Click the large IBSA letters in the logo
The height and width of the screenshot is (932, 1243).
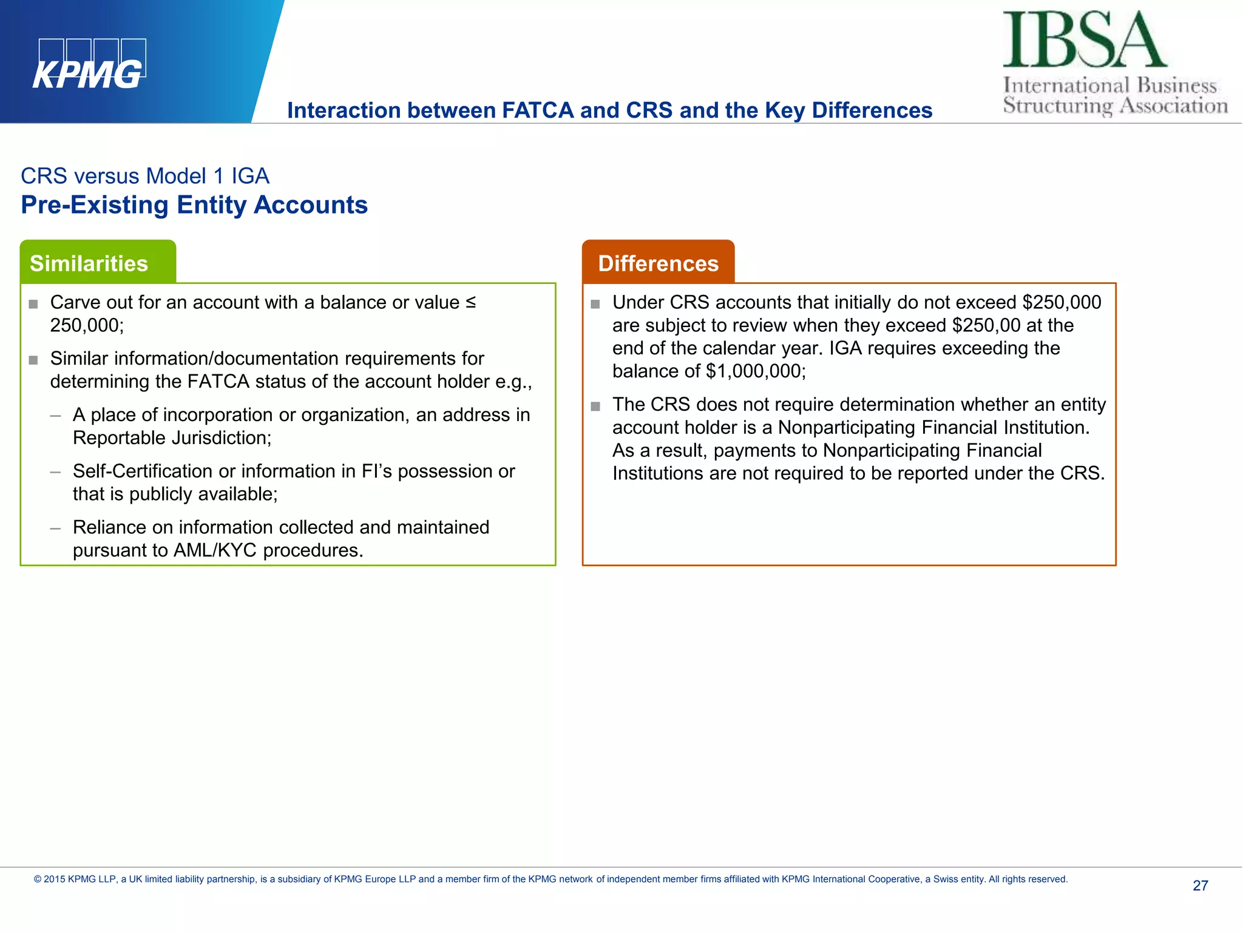coord(1084,40)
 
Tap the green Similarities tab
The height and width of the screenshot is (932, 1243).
coord(89,263)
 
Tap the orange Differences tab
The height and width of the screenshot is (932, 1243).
coord(658,263)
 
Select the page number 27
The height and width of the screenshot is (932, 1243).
coord(1200,885)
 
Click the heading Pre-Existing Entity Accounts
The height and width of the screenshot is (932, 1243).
coord(194,205)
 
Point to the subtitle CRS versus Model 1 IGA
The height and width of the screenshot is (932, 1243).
coord(145,176)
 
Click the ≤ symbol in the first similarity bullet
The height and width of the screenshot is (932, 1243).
coord(470,302)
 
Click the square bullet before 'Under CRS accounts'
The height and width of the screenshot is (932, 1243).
coord(595,304)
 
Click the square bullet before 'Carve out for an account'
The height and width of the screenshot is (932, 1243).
coord(33,304)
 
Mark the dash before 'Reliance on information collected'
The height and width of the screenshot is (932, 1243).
coord(56,528)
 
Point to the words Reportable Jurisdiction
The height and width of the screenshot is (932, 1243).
coord(171,437)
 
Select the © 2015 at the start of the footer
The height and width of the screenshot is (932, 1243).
coord(49,879)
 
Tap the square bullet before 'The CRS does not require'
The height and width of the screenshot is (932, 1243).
coord(595,406)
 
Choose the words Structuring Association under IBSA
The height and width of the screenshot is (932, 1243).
coord(1115,106)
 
